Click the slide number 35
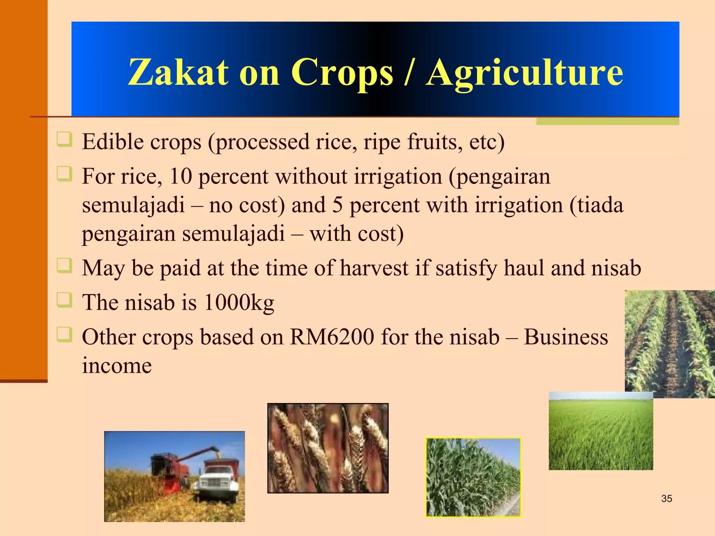coord(666,499)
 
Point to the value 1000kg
coord(239,302)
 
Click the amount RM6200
coord(332,337)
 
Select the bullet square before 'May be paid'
coord(65,267)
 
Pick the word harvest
coord(374,268)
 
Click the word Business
coord(566,337)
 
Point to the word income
coord(117,366)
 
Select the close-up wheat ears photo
coord(328,448)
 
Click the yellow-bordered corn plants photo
coord(473,477)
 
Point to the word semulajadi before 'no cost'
coord(133,205)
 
